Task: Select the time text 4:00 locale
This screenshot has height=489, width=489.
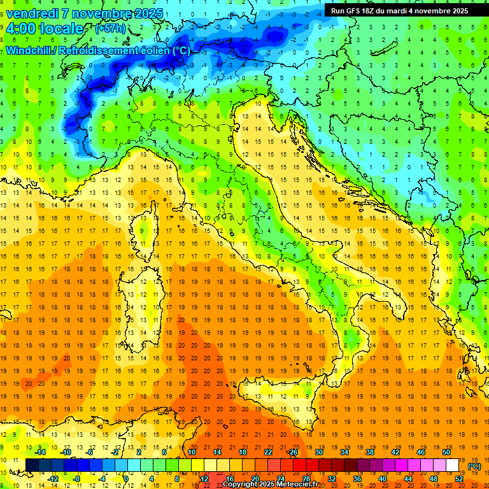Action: (x=44, y=29)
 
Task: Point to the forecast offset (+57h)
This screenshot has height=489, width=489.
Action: (x=110, y=29)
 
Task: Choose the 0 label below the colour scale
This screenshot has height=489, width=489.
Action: (x=126, y=479)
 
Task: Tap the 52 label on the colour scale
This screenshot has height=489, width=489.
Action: (x=459, y=479)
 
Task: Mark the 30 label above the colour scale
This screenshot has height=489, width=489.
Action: (x=318, y=452)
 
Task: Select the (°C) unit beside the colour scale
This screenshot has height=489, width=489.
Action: (x=474, y=466)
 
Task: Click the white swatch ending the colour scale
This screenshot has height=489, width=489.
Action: (x=453, y=465)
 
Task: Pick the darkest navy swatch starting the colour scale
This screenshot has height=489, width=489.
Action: (x=32, y=465)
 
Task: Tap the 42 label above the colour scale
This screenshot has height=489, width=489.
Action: (x=395, y=452)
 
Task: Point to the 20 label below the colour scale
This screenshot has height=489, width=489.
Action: (x=255, y=479)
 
